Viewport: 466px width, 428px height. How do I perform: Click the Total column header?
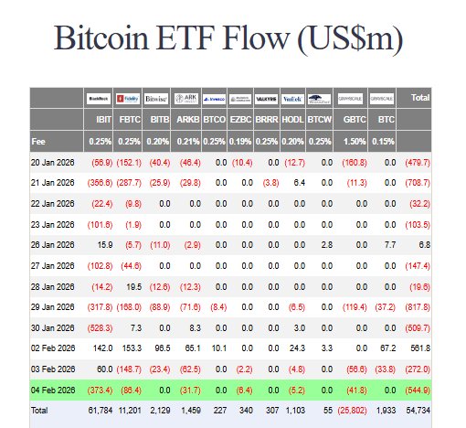420,97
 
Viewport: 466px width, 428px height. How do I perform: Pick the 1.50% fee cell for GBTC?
355,141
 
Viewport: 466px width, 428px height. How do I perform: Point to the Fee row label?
39,141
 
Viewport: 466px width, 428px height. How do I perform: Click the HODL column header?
292,119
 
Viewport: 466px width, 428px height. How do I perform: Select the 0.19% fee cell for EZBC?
240,141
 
